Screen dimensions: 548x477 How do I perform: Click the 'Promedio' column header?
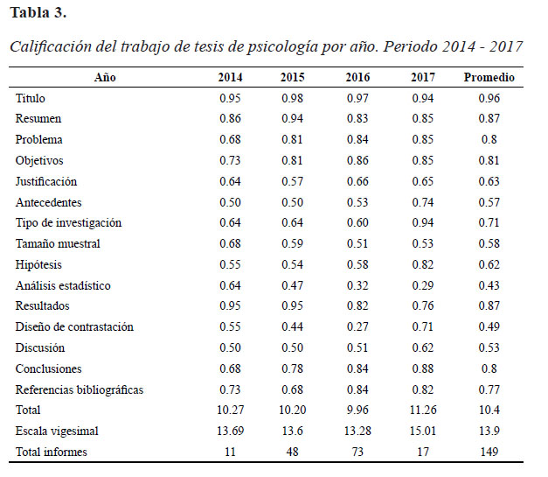pyautogui.click(x=489, y=77)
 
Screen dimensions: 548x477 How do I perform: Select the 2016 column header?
pyautogui.click(x=357, y=77)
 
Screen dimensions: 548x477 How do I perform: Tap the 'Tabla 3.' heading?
pyautogui.click(x=38, y=13)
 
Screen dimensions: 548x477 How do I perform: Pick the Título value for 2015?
pyautogui.click(x=292, y=98)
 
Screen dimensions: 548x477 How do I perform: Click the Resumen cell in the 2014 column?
pyautogui.click(x=230, y=119)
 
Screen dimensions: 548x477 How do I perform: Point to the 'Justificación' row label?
pyautogui.click(x=45, y=182)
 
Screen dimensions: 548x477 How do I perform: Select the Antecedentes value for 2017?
pyautogui.click(x=422, y=203)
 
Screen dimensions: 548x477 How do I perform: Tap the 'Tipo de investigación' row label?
pyautogui.click(x=68, y=223)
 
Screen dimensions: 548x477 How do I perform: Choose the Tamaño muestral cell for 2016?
pyautogui.click(x=357, y=244)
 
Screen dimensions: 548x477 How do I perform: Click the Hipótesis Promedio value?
pyautogui.click(x=489, y=265)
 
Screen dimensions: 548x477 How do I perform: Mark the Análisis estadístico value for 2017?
pyautogui.click(x=422, y=286)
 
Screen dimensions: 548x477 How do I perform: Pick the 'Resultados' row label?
pyautogui.click(x=42, y=306)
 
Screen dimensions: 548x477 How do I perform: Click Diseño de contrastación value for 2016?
pyautogui.click(x=357, y=327)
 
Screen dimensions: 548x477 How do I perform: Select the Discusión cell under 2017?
pyautogui.click(x=422, y=348)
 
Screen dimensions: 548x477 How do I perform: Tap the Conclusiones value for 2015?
pyautogui.click(x=292, y=369)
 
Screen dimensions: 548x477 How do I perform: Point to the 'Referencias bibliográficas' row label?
pyautogui.click(x=80, y=390)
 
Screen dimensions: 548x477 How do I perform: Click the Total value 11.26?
pyautogui.click(x=423, y=410)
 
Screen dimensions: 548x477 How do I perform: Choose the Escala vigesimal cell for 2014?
pyautogui.click(x=230, y=431)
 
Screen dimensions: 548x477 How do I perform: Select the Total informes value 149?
pyautogui.click(x=489, y=452)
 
